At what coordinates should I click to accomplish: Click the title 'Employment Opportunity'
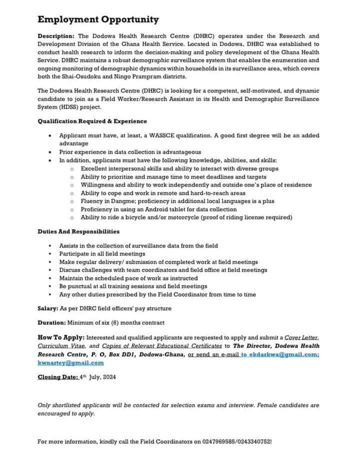[x=98, y=20]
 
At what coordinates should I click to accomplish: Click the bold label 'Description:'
[x=56, y=36]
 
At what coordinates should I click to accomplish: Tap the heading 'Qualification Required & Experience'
[x=92, y=121]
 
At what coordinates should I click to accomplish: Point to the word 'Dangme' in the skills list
[x=119, y=201]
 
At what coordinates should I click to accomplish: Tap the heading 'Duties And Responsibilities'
[x=78, y=231]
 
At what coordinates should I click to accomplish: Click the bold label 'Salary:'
[x=49, y=308]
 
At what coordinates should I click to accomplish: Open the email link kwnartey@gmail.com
[x=70, y=363]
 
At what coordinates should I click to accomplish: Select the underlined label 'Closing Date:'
[x=58, y=377]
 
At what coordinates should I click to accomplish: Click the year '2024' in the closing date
[x=108, y=377]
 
